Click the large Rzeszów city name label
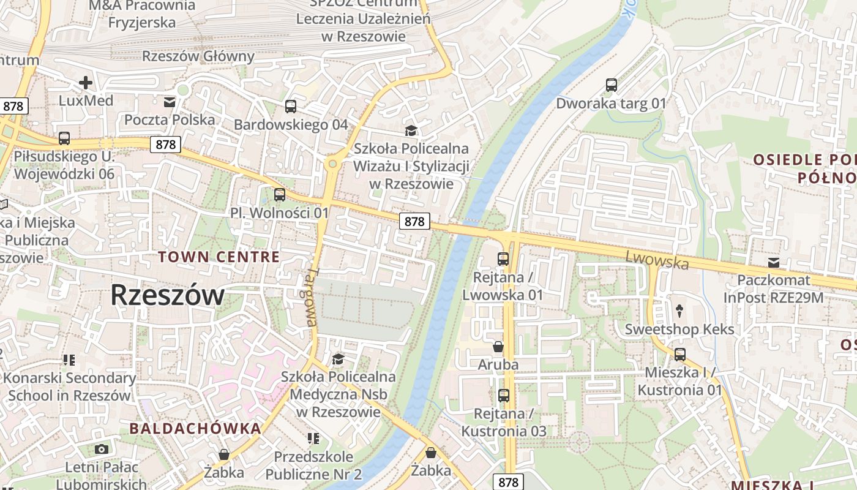click(167, 296)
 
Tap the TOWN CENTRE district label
click(219, 257)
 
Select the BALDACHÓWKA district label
click(195, 428)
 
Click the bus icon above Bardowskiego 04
click(291, 107)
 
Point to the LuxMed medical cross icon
click(86, 82)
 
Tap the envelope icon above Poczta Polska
click(169, 102)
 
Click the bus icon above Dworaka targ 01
click(611, 85)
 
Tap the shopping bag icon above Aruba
click(498, 347)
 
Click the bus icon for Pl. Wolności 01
click(280, 195)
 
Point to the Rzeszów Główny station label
click(198, 56)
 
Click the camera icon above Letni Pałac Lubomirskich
click(102, 450)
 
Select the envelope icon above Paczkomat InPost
click(774, 263)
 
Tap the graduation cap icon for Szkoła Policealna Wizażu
click(411, 130)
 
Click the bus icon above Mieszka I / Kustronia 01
click(679, 354)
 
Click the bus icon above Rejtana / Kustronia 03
click(503, 396)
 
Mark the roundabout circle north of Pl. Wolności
click(332, 164)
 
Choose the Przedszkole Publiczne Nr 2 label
click(313, 465)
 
